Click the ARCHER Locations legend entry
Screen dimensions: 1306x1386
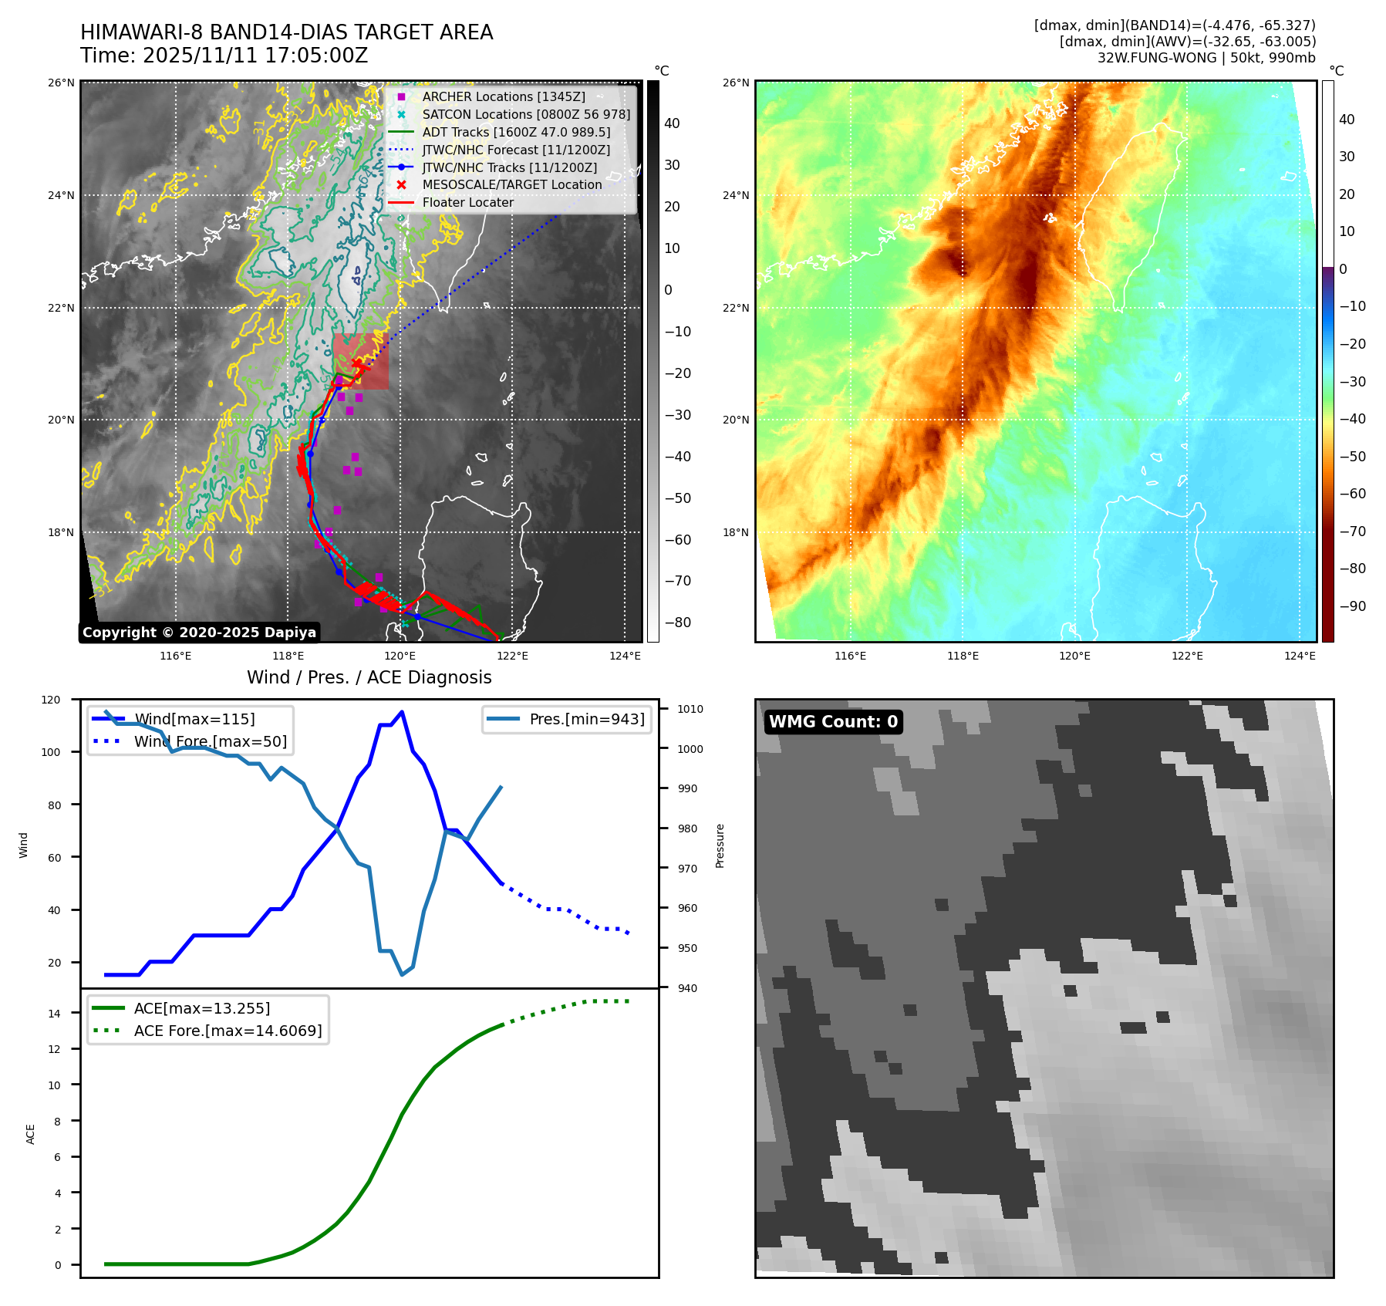(503, 96)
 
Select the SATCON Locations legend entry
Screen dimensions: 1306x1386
(525, 114)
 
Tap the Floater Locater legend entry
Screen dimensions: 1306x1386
(467, 202)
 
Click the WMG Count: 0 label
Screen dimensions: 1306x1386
(833, 722)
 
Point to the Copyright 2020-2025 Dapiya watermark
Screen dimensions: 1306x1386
(199, 633)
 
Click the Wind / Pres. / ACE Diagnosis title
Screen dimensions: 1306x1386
(369, 677)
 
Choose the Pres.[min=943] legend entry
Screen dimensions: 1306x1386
(586, 719)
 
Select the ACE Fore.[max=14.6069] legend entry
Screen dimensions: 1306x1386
(228, 1031)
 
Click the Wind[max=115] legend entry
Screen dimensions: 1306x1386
(194, 719)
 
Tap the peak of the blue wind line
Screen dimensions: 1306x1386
(402, 711)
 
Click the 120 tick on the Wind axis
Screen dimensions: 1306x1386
(51, 700)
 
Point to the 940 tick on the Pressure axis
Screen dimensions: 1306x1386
(686, 988)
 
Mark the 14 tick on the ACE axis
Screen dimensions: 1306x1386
(54, 1013)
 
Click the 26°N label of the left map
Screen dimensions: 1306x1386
(62, 83)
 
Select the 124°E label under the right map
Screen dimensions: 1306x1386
(1300, 656)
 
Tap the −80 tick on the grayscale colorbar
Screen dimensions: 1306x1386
(677, 623)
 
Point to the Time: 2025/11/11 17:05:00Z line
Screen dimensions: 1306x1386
(224, 56)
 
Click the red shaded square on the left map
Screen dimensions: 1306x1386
(361, 362)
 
